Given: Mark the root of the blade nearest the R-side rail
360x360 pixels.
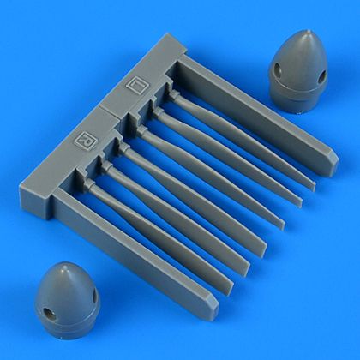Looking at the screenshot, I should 93,186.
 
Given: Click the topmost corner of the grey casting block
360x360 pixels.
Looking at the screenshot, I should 177,36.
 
